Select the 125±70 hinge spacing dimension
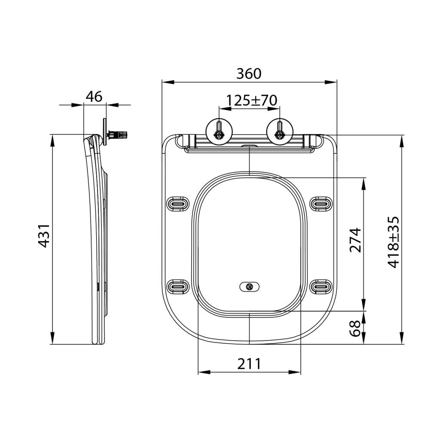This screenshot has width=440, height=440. [x=251, y=100]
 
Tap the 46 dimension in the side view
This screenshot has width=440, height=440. [x=94, y=96]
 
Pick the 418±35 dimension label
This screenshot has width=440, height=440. [x=394, y=242]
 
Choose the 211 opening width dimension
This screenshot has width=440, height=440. [x=249, y=364]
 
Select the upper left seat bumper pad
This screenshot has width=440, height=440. [x=177, y=203]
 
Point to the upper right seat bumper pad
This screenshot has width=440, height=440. [x=321, y=203]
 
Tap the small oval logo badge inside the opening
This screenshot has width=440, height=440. [x=249, y=287]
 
